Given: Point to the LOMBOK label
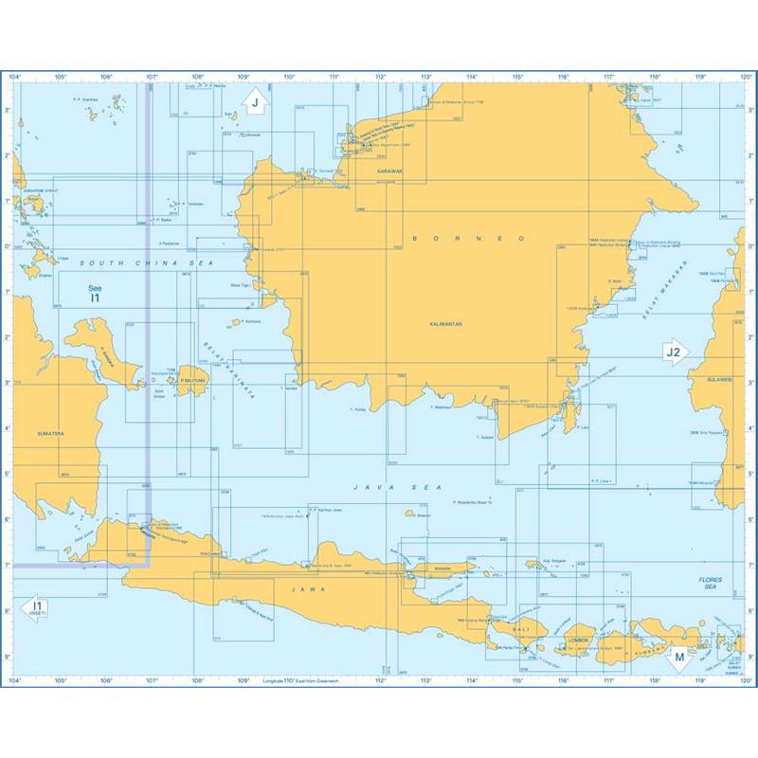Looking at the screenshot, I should pyautogui.click(x=579, y=641).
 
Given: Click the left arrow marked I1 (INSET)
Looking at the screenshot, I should pyautogui.click(x=36, y=608).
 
